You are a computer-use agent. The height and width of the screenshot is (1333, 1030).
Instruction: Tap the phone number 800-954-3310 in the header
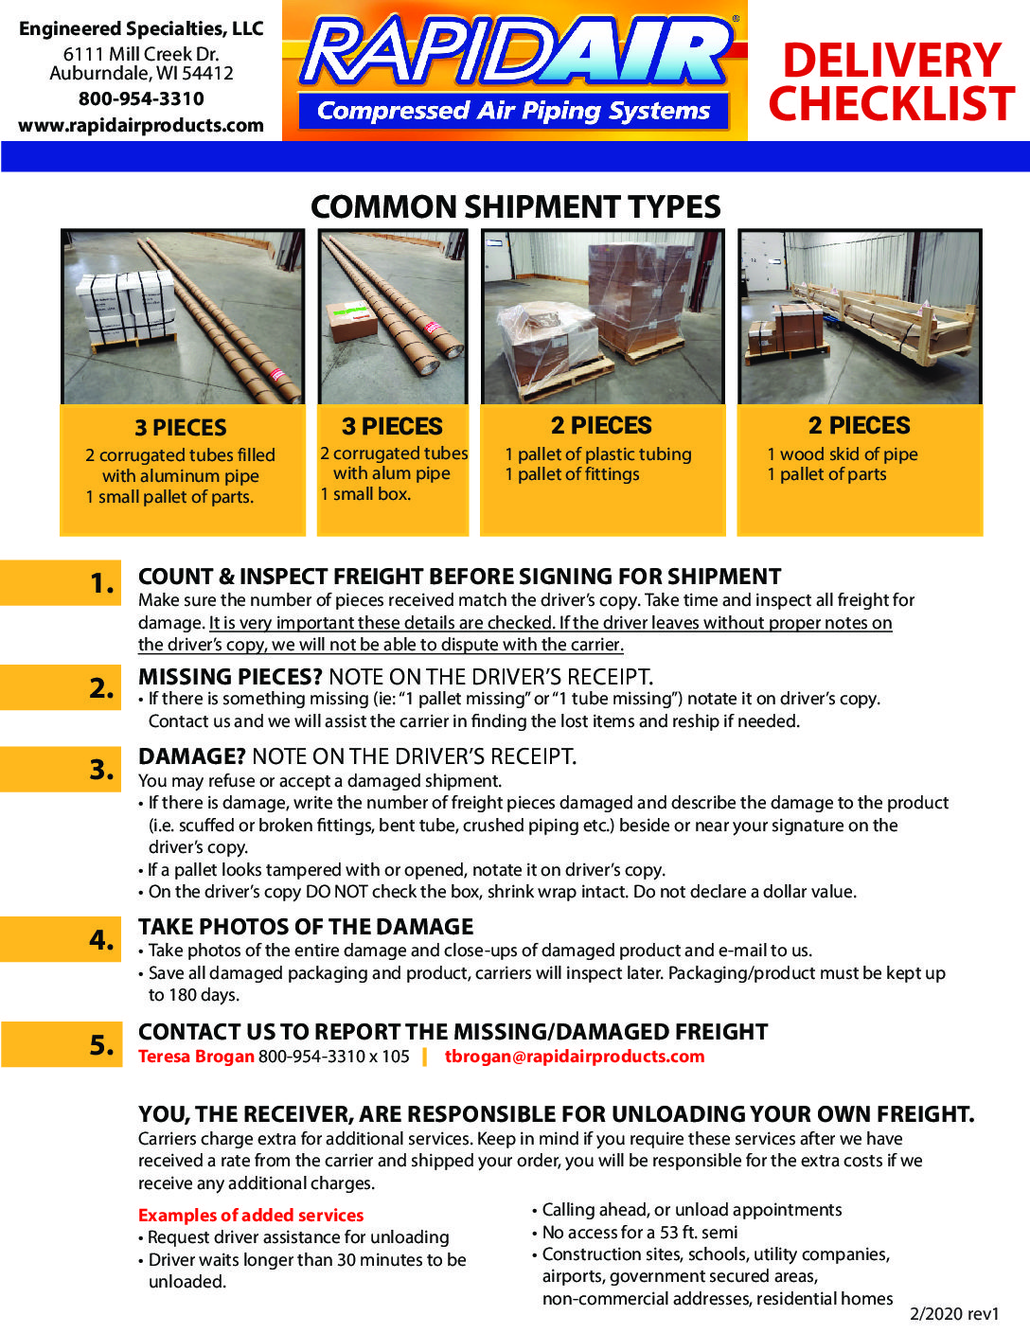(x=141, y=98)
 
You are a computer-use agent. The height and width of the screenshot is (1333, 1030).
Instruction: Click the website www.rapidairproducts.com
(x=141, y=125)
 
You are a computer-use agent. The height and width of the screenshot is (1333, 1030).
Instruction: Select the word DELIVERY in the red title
(x=892, y=60)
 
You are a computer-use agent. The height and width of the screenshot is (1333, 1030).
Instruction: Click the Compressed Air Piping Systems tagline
(x=513, y=111)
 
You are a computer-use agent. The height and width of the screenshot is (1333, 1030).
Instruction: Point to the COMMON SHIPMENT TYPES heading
(x=515, y=206)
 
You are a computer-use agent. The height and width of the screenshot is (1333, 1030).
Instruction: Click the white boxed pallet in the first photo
(x=126, y=311)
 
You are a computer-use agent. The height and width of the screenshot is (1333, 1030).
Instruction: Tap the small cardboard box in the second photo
(x=352, y=322)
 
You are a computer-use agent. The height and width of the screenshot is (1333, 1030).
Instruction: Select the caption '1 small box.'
(x=365, y=494)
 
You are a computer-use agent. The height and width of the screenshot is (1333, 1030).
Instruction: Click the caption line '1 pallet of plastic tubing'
(x=598, y=453)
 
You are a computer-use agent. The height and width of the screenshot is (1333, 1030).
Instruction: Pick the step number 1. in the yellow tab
(x=102, y=583)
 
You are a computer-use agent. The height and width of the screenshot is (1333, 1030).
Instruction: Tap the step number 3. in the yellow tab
(x=102, y=770)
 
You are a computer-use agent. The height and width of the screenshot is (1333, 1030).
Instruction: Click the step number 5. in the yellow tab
(x=102, y=1044)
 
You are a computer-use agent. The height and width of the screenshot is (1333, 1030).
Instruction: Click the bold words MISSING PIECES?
(x=230, y=677)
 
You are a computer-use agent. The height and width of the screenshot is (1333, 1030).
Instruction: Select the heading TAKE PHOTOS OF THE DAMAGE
(x=306, y=927)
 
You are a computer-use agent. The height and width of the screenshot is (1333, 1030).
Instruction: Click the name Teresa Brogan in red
(x=196, y=1057)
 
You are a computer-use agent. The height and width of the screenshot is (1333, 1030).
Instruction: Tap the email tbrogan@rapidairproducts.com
(x=575, y=1057)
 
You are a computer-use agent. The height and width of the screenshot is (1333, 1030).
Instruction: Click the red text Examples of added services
(x=251, y=1216)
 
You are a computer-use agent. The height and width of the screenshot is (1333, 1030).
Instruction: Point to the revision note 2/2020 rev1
(x=954, y=1314)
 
